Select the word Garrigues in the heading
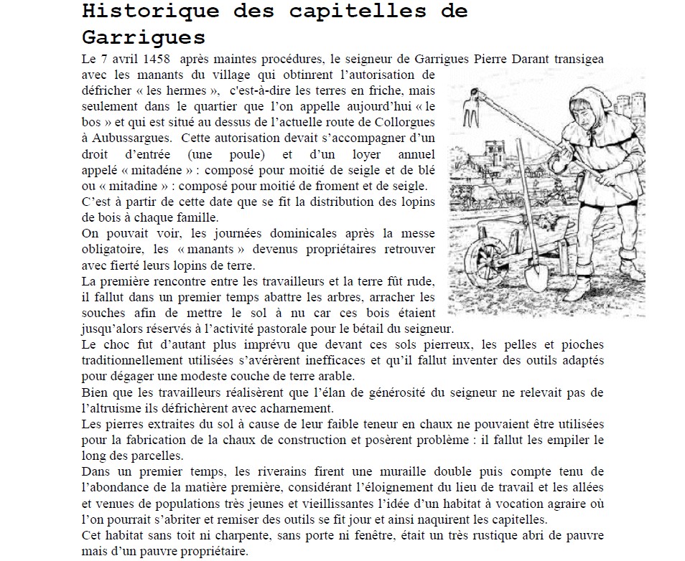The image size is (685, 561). pos(144,37)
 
